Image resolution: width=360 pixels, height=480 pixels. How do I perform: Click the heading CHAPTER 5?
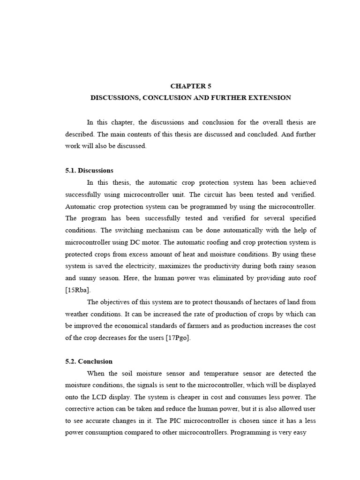coord(191,86)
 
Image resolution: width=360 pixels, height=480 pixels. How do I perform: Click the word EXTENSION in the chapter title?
coord(270,98)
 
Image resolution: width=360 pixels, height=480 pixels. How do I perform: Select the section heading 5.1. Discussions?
coord(90,170)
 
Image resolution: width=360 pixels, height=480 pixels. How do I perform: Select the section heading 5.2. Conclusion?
coord(89,361)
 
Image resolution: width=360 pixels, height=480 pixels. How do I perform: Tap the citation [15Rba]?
coord(78,290)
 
